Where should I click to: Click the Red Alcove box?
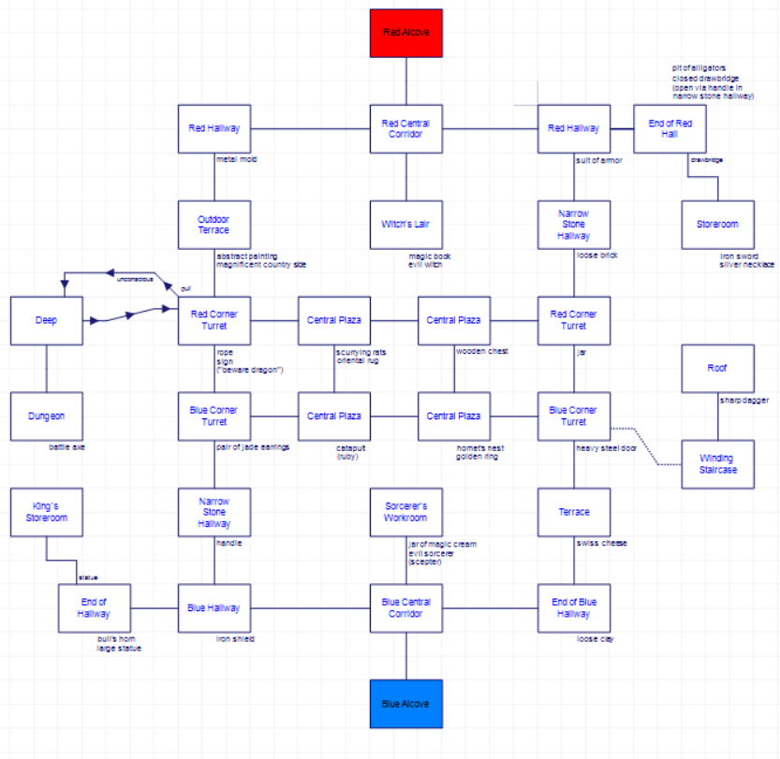[x=405, y=33]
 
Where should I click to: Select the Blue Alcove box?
[x=405, y=703]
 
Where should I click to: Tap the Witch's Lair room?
[x=405, y=225]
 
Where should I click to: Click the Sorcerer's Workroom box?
[x=405, y=512]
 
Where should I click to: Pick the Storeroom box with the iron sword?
[x=717, y=225]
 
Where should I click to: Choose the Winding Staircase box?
[x=717, y=464]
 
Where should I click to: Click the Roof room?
[x=717, y=369]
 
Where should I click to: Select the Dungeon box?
[x=46, y=416]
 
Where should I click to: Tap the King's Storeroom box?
[x=46, y=512]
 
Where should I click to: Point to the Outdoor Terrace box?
[x=213, y=225]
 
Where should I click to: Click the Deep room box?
[x=46, y=320]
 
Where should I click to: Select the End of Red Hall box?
[x=670, y=128]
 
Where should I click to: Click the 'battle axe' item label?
[x=67, y=447]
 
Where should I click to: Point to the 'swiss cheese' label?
[x=601, y=543]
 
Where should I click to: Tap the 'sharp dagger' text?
[x=743, y=401]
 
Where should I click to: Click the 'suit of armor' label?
[x=599, y=160]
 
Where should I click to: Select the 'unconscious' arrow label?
[x=134, y=279]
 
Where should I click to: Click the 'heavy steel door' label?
[x=606, y=447]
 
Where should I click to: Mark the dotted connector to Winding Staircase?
[x=646, y=447]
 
